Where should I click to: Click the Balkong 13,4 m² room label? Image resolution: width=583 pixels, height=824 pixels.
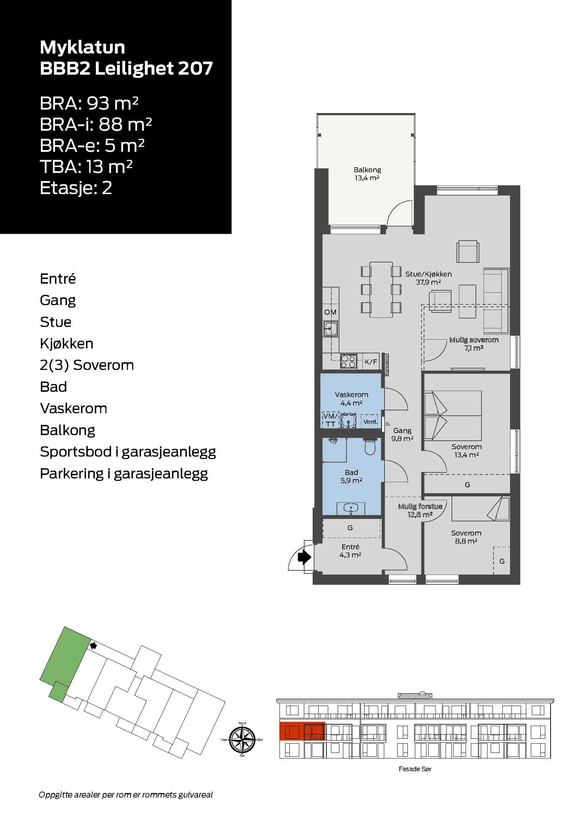(x=367, y=174)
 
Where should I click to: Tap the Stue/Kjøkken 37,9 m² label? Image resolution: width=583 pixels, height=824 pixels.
(x=428, y=278)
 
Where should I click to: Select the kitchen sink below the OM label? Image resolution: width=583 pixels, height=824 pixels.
(x=330, y=328)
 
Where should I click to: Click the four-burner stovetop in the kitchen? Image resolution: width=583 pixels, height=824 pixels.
(x=348, y=361)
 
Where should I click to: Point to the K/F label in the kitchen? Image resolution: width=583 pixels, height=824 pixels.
(x=371, y=362)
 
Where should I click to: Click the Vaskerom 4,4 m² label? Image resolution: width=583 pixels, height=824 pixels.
(x=351, y=398)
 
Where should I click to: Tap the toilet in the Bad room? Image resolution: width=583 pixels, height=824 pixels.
(x=369, y=447)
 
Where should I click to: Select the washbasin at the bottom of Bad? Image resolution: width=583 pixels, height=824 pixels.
(x=351, y=508)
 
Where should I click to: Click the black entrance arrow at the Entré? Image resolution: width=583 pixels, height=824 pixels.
(x=304, y=557)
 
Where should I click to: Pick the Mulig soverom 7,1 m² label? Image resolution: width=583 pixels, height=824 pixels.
(x=473, y=343)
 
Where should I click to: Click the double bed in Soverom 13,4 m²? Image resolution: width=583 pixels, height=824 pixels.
(x=453, y=415)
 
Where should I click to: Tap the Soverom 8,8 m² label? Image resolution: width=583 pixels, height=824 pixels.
(x=466, y=537)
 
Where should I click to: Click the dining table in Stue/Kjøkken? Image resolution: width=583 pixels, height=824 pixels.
(x=381, y=289)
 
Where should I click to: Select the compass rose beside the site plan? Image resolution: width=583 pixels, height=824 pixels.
(x=242, y=740)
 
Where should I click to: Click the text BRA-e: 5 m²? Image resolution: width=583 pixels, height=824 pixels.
(x=92, y=146)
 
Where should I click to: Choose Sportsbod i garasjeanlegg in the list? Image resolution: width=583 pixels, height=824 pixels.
(x=128, y=452)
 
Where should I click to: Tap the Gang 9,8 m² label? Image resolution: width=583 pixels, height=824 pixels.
(x=402, y=434)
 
